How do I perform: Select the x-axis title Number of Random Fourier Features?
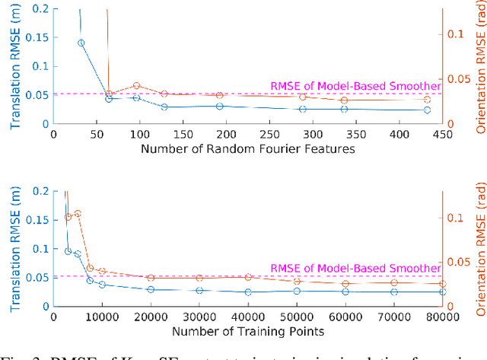247,149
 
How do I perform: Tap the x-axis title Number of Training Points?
247,332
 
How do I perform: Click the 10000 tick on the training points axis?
102,317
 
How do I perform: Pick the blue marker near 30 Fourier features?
81,43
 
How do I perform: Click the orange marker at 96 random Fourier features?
137,86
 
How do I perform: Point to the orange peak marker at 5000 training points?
78,214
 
